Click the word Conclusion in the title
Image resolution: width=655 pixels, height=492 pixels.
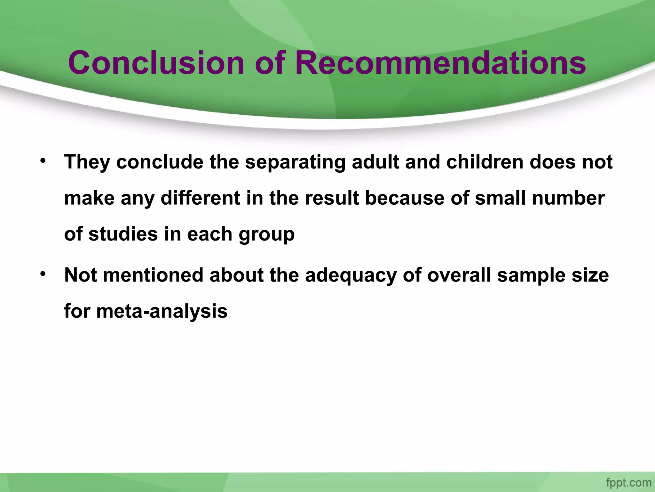tap(156, 63)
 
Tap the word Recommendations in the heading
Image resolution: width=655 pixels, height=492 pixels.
tap(440, 63)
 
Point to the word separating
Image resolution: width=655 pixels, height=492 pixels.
tap(295, 162)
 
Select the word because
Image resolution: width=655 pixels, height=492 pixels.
tap(405, 198)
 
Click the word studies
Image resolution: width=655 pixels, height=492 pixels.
tap(123, 234)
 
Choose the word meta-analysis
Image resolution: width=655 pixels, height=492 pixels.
tap(162, 311)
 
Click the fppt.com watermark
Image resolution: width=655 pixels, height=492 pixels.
tap(628, 482)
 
